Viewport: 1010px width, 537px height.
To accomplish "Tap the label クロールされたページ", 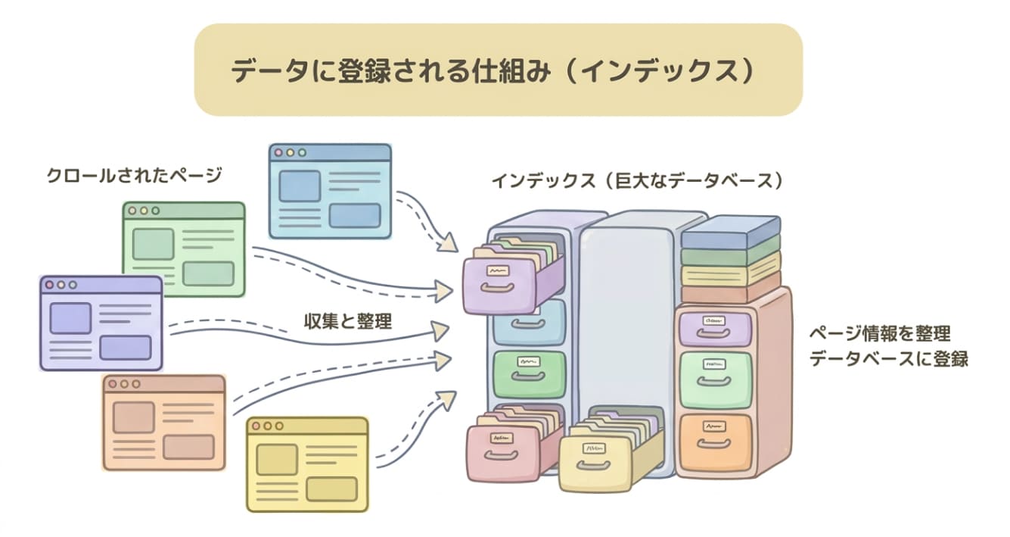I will pos(134,175).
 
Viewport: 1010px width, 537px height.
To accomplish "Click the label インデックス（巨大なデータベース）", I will pos(636,182).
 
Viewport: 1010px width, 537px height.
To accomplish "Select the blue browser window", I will pos(330,191).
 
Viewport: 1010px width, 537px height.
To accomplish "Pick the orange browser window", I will pos(164,422).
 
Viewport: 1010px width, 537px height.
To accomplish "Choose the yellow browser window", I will pos(307,464).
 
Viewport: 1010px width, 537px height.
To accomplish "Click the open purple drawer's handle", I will pos(499,290).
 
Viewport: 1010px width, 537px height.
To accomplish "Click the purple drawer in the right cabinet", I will pos(715,327).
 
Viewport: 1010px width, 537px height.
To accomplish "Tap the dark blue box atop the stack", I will pos(730,231).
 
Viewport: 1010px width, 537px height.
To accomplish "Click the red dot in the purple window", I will pos(50,285).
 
